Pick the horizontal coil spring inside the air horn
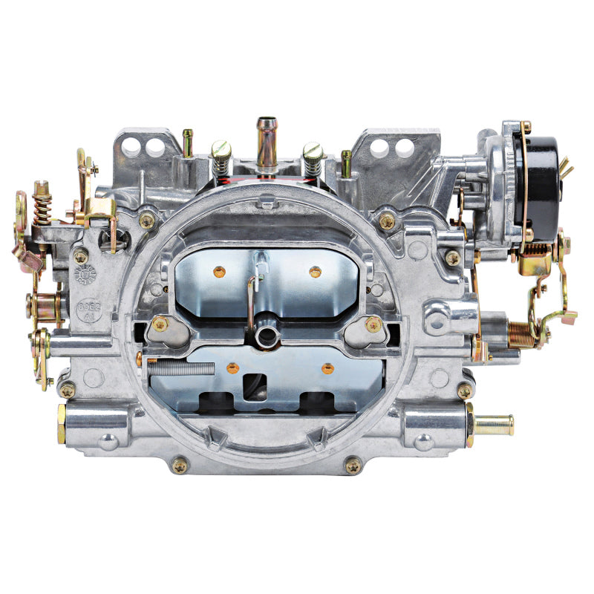[x=183, y=366]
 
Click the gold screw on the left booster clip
[x=158, y=324]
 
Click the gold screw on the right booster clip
[x=373, y=324]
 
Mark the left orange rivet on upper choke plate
[x=219, y=272]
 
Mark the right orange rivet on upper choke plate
[x=315, y=272]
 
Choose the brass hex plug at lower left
[x=62, y=424]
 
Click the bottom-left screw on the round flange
[x=180, y=465]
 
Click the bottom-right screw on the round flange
[x=353, y=465]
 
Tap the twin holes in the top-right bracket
[x=393, y=147]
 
